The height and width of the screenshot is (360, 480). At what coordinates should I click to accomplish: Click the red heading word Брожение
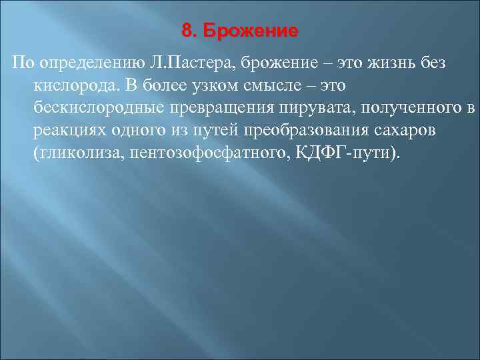tap(251, 31)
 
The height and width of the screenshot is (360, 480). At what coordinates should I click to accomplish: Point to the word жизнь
tap(377, 63)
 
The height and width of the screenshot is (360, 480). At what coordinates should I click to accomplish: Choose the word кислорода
tap(70, 86)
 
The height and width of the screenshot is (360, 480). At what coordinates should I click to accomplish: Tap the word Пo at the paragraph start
tap(21, 63)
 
